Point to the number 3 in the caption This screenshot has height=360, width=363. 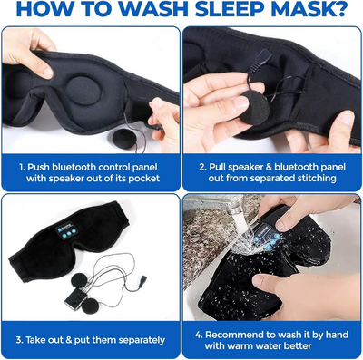[x=19, y=340]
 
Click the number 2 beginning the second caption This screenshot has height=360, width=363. [x=201, y=167]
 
